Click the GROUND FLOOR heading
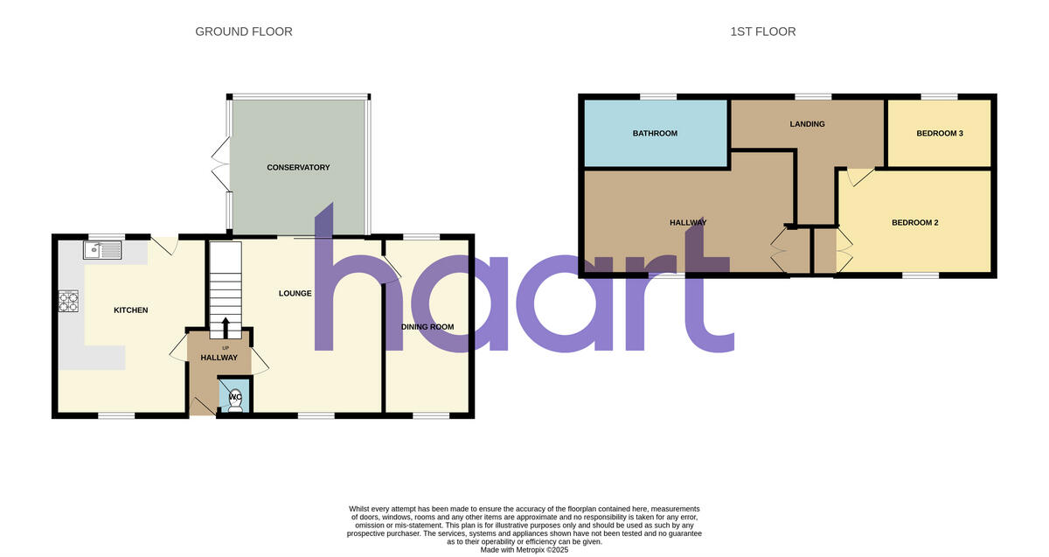[x=243, y=31]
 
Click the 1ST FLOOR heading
[x=762, y=31]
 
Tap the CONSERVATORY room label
[x=298, y=167]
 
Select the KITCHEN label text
[x=131, y=310]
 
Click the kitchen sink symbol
[x=102, y=251]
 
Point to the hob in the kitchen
[x=68, y=302]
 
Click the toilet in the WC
[x=235, y=398]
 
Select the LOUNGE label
[x=295, y=293]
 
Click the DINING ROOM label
[x=427, y=327]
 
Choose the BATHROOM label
[x=655, y=134]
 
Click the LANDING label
[x=807, y=124]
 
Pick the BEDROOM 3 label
[x=940, y=134]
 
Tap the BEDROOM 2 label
[x=914, y=223]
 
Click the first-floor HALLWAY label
[x=687, y=223]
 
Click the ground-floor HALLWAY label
[x=219, y=358]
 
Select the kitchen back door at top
[x=164, y=246]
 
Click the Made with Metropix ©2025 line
[x=524, y=549]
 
